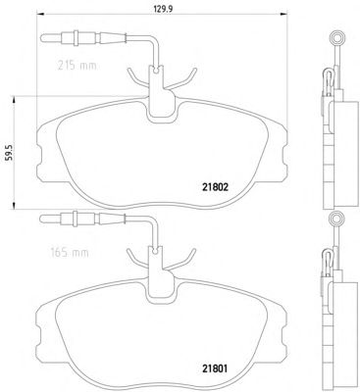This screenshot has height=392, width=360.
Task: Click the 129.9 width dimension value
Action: pos(163,9)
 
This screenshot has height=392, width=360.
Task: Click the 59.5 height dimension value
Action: pos(10,152)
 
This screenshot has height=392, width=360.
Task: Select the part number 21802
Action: pos(215,187)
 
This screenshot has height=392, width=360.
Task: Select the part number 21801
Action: pos(215,368)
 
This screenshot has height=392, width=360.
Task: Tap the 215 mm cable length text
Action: pos(77,66)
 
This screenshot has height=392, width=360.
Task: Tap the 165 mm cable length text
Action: pos(70,253)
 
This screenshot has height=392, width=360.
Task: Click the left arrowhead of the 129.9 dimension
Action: pos(39,14)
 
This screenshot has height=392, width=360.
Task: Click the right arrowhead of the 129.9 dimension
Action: pos(284,14)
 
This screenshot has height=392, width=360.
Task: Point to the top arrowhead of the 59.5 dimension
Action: pos(14,100)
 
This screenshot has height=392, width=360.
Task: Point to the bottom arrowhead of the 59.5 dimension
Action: pos(14,205)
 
